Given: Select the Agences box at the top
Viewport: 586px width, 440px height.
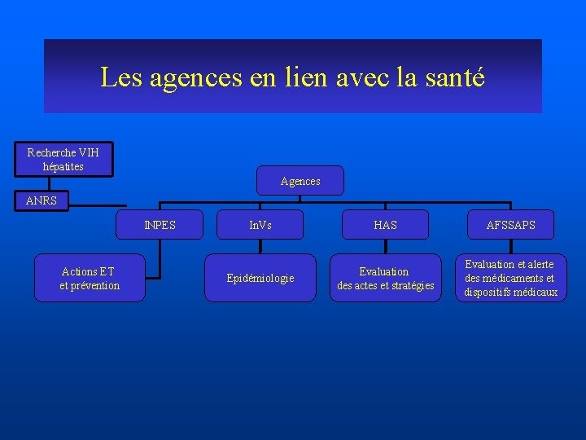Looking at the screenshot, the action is click(x=300, y=181).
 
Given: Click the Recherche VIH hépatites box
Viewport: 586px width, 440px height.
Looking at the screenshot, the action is click(x=63, y=159).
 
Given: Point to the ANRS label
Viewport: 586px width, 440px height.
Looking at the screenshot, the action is click(x=42, y=200).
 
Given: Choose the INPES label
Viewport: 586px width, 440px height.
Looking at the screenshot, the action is click(x=160, y=225).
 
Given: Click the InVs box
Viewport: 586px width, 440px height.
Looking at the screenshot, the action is click(x=260, y=225).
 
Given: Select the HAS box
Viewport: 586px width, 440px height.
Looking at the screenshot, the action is click(x=385, y=225).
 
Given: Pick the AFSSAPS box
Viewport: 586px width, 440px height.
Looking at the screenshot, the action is click(x=511, y=225).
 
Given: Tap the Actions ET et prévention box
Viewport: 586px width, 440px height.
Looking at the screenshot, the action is click(x=90, y=279).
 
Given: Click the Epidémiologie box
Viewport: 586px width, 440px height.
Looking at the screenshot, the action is click(x=260, y=279).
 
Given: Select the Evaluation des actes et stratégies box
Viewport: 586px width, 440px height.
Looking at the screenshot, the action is click(x=385, y=279).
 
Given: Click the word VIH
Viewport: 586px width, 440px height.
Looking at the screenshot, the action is click(x=90, y=152).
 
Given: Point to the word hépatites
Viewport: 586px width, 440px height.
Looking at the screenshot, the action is click(x=63, y=166).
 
